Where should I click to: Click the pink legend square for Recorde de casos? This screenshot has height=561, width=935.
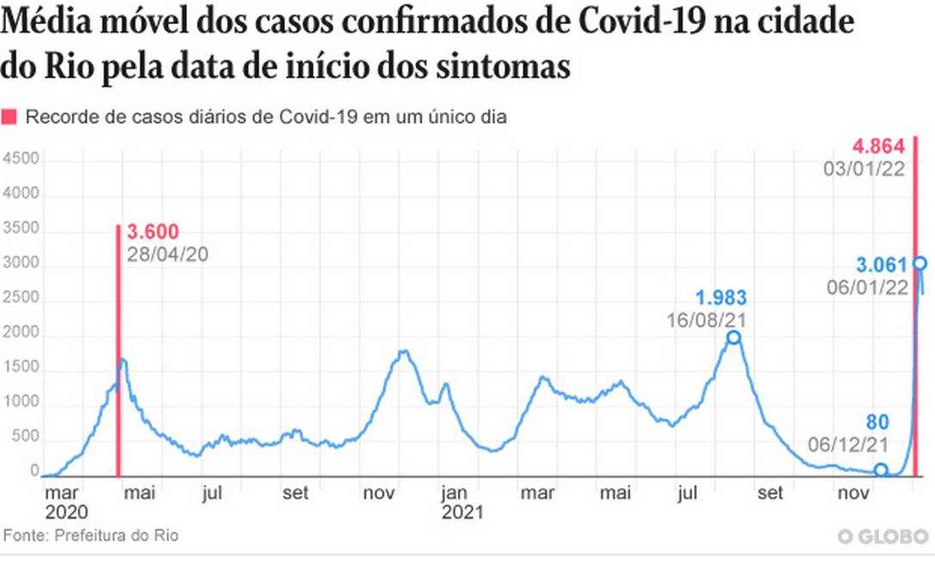9,118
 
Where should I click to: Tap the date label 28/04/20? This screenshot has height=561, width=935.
168,254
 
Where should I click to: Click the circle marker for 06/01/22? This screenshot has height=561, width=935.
920,263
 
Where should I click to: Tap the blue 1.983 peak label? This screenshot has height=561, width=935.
721,298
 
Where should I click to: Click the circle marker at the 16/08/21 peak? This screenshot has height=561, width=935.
734,337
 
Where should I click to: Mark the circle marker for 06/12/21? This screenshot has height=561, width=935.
881,470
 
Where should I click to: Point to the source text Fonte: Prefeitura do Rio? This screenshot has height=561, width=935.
91,535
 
